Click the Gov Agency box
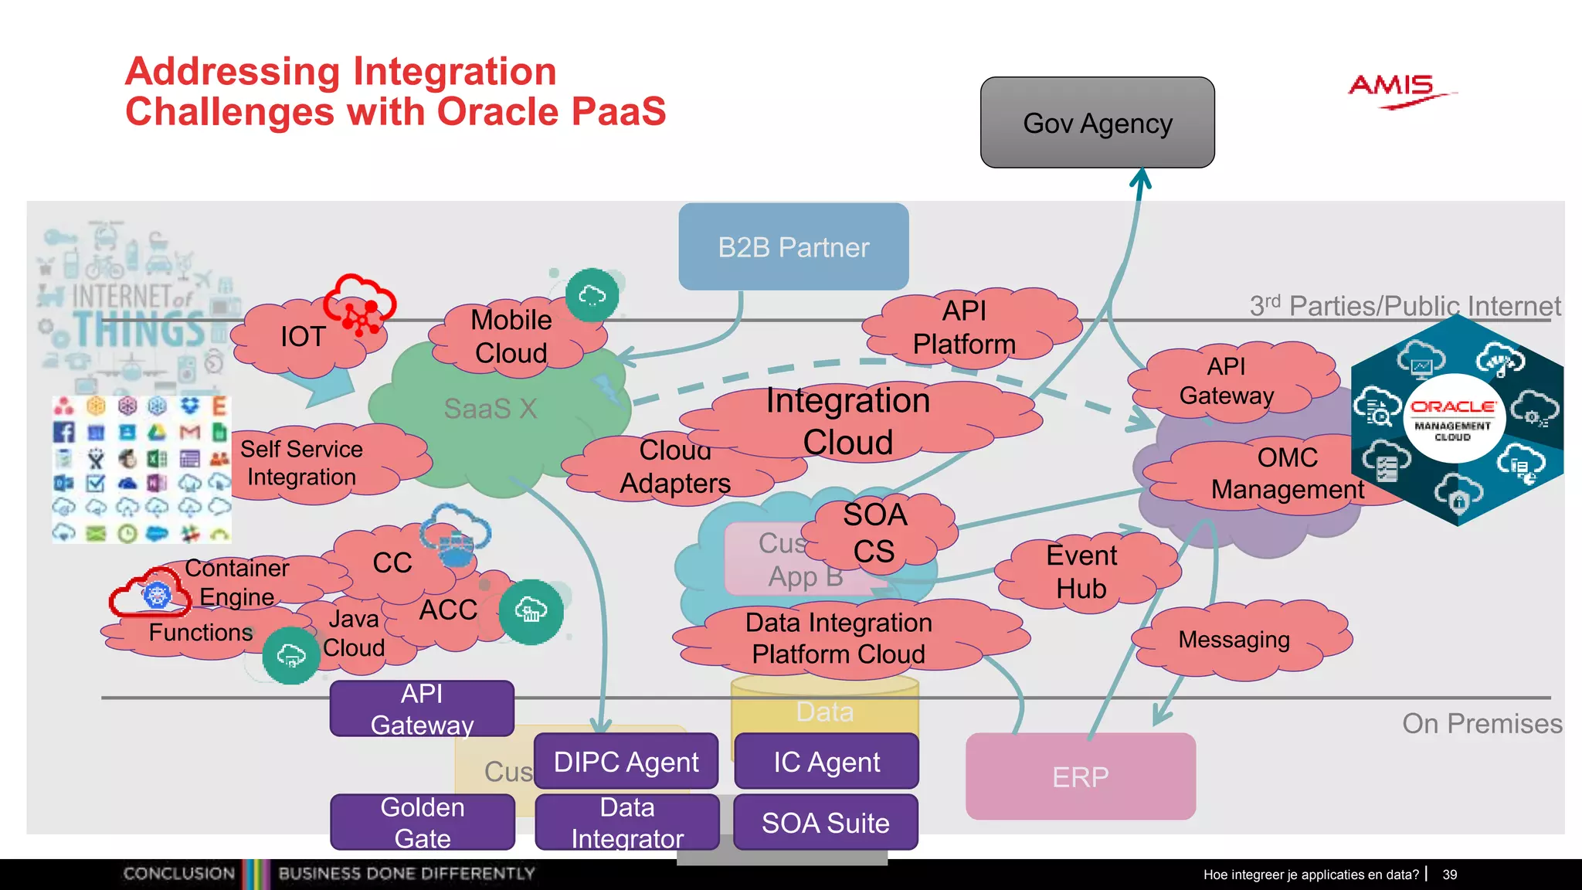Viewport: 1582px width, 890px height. (x=1097, y=123)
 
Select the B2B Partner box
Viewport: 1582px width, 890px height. (x=793, y=247)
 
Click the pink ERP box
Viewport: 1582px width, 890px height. (x=1080, y=776)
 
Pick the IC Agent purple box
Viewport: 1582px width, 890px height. (x=827, y=762)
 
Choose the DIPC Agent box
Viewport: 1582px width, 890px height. (x=626, y=762)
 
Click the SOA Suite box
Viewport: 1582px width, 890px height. (x=825, y=823)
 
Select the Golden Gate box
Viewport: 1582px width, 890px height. (x=423, y=822)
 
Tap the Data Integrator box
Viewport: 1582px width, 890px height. (x=626, y=822)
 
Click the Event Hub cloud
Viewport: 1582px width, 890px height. (x=1081, y=572)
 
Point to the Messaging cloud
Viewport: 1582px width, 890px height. (x=1234, y=640)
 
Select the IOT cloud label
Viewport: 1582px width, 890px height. (x=303, y=337)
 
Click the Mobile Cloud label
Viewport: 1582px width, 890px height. (x=511, y=336)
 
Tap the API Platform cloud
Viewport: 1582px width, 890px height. (x=964, y=327)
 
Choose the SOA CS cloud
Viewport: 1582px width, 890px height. (x=874, y=533)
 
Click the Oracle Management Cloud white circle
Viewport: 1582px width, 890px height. (x=1452, y=419)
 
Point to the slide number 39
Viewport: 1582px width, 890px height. (x=1449, y=875)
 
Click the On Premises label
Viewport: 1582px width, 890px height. (x=1482, y=724)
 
